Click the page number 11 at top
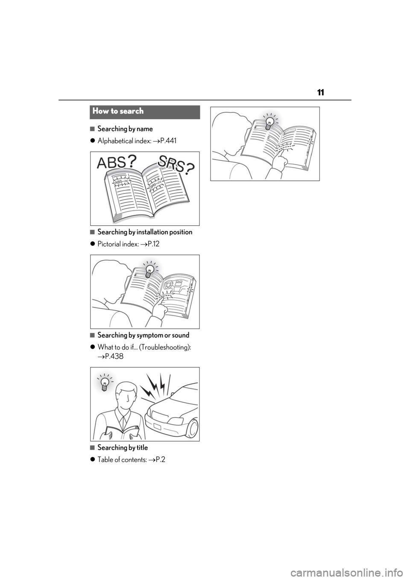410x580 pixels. tap(320, 92)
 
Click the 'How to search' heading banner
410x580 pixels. tap(145, 112)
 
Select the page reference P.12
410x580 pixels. tap(153, 244)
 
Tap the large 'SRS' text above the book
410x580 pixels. tap(171, 164)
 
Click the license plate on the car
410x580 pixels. tap(157, 426)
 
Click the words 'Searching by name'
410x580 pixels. tap(125, 129)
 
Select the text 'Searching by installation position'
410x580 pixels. tap(145, 232)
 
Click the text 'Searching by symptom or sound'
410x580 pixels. tap(143, 335)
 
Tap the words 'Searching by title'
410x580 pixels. tap(123, 448)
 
